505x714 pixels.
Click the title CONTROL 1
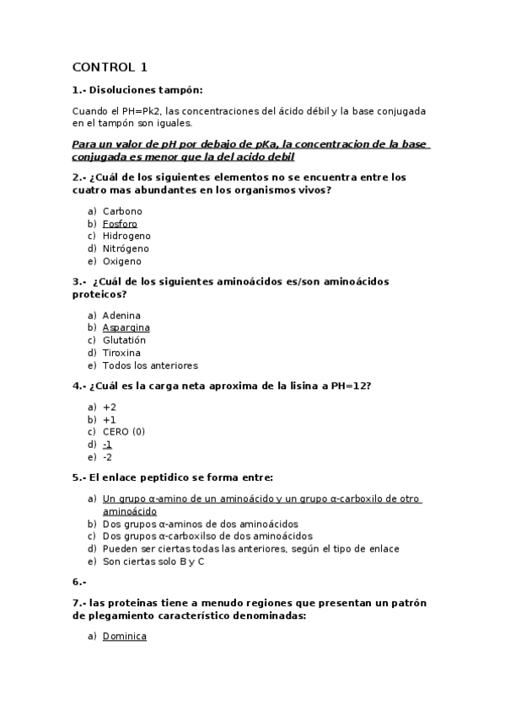click(110, 67)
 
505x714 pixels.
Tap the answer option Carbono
click(122, 211)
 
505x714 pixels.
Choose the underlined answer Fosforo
click(120, 224)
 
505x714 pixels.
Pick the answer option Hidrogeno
click(126, 237)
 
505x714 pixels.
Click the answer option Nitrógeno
click(126, 249)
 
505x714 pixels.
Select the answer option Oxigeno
click(122, 262)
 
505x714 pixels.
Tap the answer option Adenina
click(121, 316)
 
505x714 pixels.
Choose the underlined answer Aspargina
click(126, 328)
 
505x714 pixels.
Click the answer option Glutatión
click(124, 340)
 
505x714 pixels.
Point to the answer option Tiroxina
click(121, 353)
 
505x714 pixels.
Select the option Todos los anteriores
click(150, 365)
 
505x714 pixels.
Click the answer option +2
click(110, 407)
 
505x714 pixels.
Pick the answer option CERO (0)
click(124, 432)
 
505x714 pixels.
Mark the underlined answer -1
click(108, 445)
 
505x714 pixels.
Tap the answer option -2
click(107, 457)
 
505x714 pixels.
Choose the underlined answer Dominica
click(125, 637)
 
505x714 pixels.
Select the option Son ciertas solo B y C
click(153, 562)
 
